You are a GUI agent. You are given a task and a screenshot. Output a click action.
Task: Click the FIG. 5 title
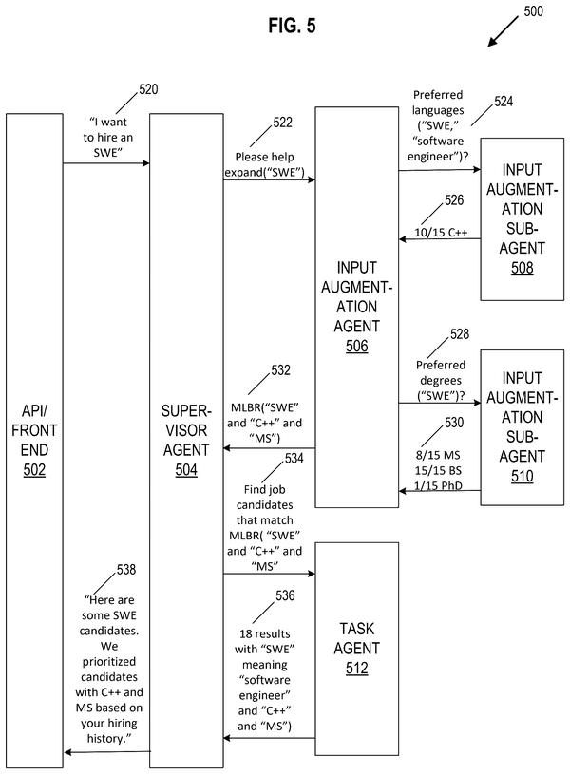pyautogui.click(x=292, y=26)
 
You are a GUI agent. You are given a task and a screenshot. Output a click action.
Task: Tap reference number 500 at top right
pyautogui.click(x=534, y=11)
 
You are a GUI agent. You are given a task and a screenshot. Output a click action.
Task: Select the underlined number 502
pyautogui.click(x=34, y=469)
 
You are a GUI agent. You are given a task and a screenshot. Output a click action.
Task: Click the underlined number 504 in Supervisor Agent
pyautogui.click(x=186, y=469)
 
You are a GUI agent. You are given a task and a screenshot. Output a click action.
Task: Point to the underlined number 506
pyautogui.click(x=356, y=346)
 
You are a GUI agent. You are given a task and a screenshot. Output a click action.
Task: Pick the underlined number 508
pyautogui.click(x=522, y=268)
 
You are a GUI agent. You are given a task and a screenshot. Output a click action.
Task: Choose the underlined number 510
pyautogui.click(x=522, y=476)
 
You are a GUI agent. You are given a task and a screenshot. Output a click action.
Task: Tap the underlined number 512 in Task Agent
pyautogui.click(x=356, y=668)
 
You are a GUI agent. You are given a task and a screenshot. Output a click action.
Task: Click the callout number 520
pyautogui.click(x=148, y=89)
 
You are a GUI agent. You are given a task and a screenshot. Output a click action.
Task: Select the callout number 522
pyautogui.click(x=282, y=123)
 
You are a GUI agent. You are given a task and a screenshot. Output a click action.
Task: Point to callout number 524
pyautogui.click(x=503, y=102)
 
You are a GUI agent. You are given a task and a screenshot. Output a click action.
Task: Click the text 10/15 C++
pyautogui.click(x=441, y=233)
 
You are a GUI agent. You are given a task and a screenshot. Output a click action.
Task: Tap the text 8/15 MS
pyautogui.click(x=438, y=455)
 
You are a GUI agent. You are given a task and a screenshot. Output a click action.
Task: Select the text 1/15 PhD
pyautogui.click(x=438, y=485)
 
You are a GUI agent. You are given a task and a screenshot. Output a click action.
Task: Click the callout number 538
pyautogui.click(x=126, y=570)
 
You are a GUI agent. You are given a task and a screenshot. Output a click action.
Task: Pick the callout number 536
pyautogui.click(x=285, y=595)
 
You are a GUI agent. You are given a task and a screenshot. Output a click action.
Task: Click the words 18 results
pyautogui.click(x=265, y=633)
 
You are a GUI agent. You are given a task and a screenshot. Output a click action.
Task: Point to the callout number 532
pyautogui.click(x=280, y=370)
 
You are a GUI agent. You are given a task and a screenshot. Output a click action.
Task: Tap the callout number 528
pyautogui.click(x=460, y=334)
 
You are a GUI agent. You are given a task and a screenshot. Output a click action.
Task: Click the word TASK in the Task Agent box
pyautogui.click(x=356, y=629)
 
